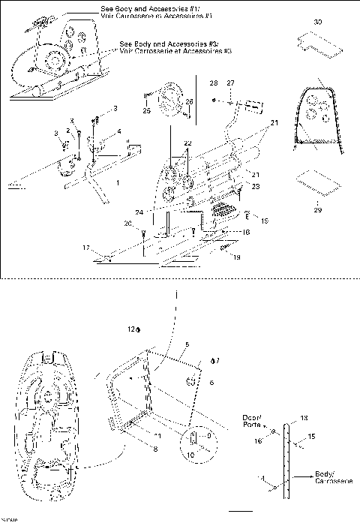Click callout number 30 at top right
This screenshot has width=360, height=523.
[318, 24]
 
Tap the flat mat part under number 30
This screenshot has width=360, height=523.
[318, 44]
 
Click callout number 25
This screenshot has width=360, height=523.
[146, 111]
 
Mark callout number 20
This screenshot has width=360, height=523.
[128, 223]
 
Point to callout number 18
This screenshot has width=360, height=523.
[243, 233]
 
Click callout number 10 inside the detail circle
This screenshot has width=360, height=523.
[190, 455]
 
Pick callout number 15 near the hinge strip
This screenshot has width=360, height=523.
[311, 436]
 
